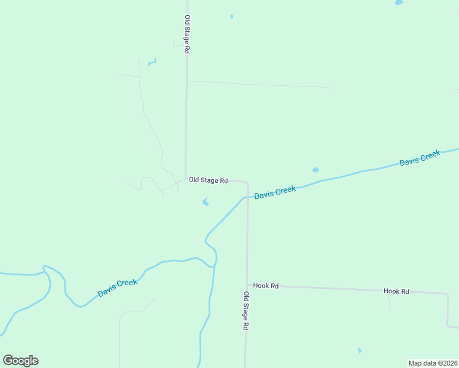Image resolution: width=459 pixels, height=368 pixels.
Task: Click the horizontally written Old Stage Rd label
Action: click(x=208, y=180)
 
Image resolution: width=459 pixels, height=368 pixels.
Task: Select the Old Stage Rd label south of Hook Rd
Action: click(x=245, y=311)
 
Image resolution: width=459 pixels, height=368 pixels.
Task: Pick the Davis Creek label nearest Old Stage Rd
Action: click(x=275, y=193)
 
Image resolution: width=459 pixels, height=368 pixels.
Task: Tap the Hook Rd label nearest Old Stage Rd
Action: click(x=266, y=286)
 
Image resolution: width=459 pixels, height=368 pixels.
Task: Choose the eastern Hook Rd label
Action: click(x=396, y=291)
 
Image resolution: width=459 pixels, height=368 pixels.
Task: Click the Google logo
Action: click(x=20, y=361)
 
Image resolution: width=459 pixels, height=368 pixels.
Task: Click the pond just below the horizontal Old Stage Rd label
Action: click(x=206, y=201)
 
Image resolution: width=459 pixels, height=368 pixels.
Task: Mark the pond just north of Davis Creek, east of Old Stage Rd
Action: click(x=315, y=170)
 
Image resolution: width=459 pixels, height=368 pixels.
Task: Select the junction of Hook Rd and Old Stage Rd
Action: click(x=247, y=286)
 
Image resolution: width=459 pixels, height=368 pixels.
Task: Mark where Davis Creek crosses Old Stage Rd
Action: click(x=247, y=197)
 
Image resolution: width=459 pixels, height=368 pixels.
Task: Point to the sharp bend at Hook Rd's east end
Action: click(x=447, y=294)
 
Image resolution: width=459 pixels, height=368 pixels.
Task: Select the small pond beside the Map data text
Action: click(x=360, y=351)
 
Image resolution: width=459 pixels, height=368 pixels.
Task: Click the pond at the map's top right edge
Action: click(x=399, y=2)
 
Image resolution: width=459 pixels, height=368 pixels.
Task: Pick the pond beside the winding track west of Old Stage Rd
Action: click(x=151, y=62)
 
